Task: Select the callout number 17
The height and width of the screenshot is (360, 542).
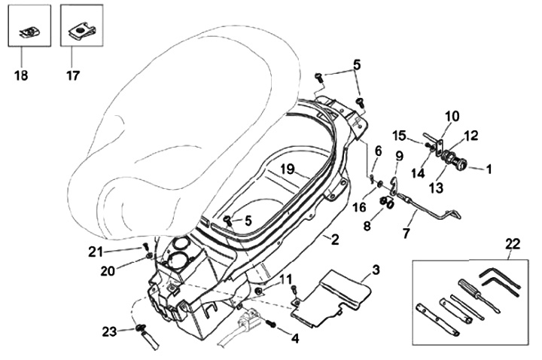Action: coord(72,75)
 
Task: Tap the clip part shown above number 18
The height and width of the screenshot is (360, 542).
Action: coord(29,31)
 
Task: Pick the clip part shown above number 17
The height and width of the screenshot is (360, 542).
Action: coord(82,31)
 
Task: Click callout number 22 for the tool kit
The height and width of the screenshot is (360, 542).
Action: coord(513,243)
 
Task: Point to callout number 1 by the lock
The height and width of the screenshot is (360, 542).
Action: coord(488,170)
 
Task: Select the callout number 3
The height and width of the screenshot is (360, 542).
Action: coord(376,269)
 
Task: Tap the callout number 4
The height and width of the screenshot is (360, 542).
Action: coord(295,339)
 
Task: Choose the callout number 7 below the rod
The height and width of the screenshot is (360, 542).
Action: coord(406,234)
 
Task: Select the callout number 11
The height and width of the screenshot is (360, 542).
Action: coord(285,280)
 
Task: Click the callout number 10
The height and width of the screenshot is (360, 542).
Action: coord(451,116)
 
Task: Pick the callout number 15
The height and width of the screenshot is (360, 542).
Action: coord(398,136)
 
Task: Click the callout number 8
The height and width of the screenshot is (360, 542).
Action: coord(367,224)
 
